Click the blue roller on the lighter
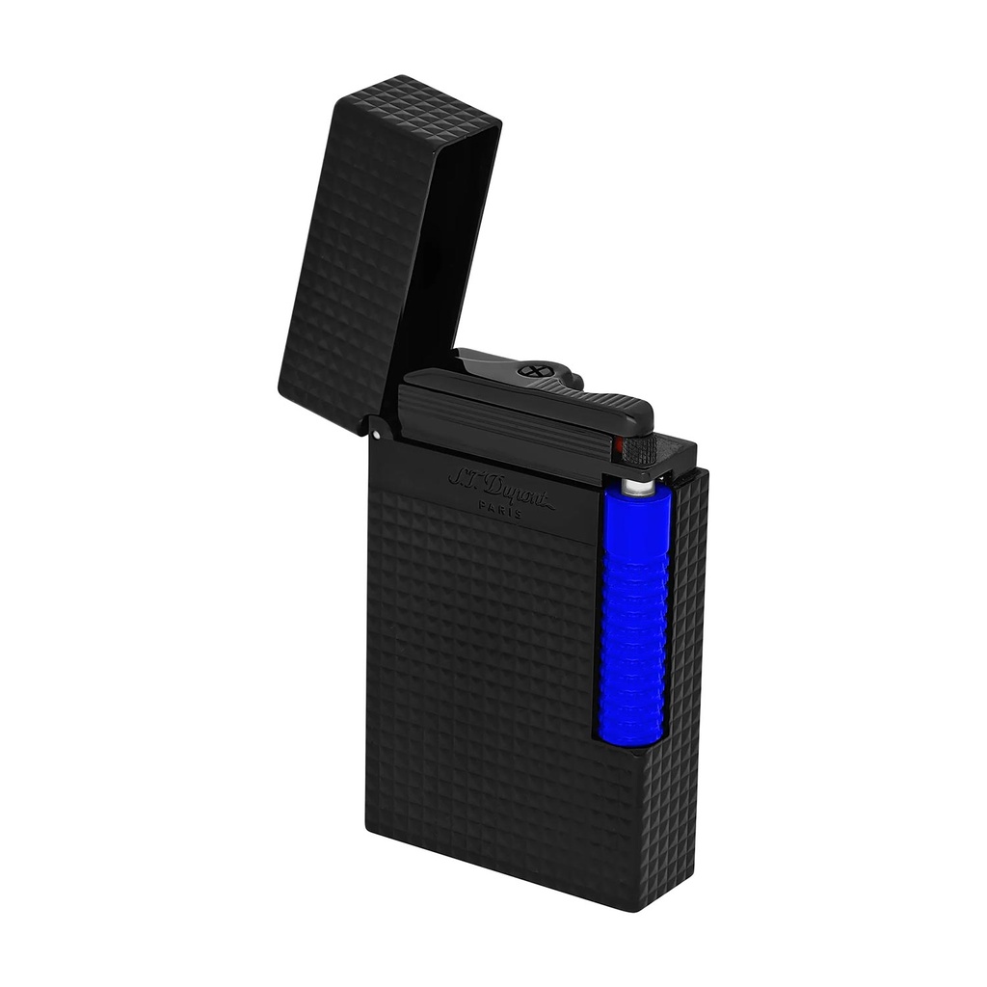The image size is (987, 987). tap(633, 617)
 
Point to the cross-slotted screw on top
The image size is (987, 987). tap(532, 370)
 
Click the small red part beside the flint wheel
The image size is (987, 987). tap(618, 444)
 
